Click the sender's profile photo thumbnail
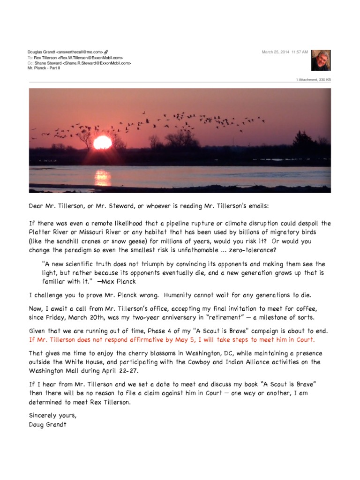(x=321, y=60)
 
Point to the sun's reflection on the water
(x=102, y=177)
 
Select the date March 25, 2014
(x=275, y=52)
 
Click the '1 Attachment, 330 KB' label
(x=313, y=80)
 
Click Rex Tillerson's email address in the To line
(x=92, y=57)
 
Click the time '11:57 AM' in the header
(x=300, y=52)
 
